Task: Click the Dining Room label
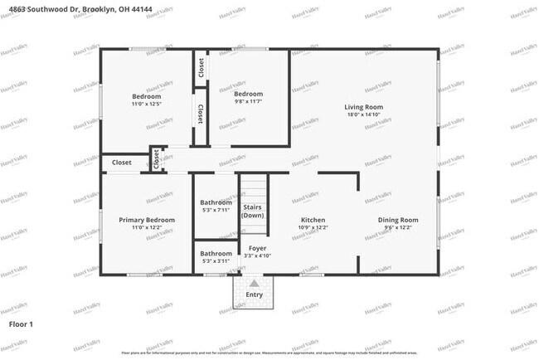(398, 220)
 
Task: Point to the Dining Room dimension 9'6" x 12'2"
(398, 228)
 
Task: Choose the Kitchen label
(313, 220)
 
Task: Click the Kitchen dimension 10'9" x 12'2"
(313, 228)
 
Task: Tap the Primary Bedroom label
(147, 220)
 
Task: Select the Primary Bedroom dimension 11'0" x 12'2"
(147, 228)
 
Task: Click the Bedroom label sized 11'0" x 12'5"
(147, 96)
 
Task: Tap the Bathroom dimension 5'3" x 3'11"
(216, 262)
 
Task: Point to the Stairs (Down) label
(253, 211)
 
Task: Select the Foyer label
(258, 248)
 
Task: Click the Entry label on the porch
(254, 294)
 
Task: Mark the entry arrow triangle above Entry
(254, 283)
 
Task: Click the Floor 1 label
(21, 324)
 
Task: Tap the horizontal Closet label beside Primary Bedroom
(122, 163)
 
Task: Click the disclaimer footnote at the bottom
(269, 353)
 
